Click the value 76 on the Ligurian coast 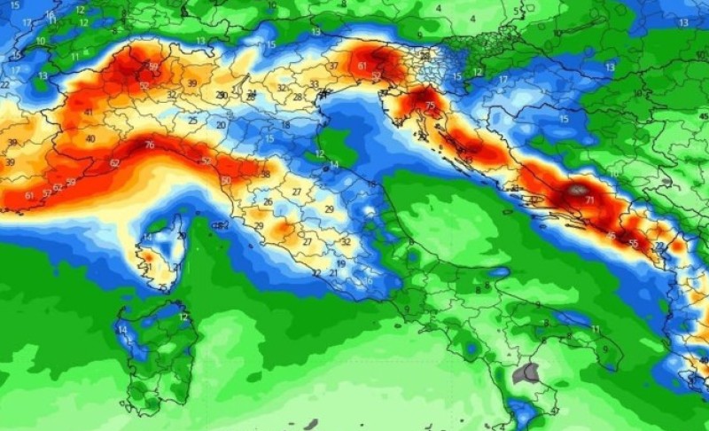pos(149,145)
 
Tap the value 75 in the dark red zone pos(431,106)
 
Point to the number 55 pos(633,242)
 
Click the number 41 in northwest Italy pos(89,113)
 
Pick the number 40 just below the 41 pos(90,139)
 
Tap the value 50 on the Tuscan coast pos(226,181)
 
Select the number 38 pos(265,175)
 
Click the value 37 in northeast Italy pos(333,67)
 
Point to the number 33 pos(314,84)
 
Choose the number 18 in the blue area pos(285,125)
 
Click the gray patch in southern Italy pos(531,372)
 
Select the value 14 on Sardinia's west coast pos(122,330)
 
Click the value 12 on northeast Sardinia pos(183,317)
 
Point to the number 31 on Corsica pos(149,267)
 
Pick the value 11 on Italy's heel pos(596,329)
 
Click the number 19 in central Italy pos(340,264)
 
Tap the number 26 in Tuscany pos(268,202)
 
